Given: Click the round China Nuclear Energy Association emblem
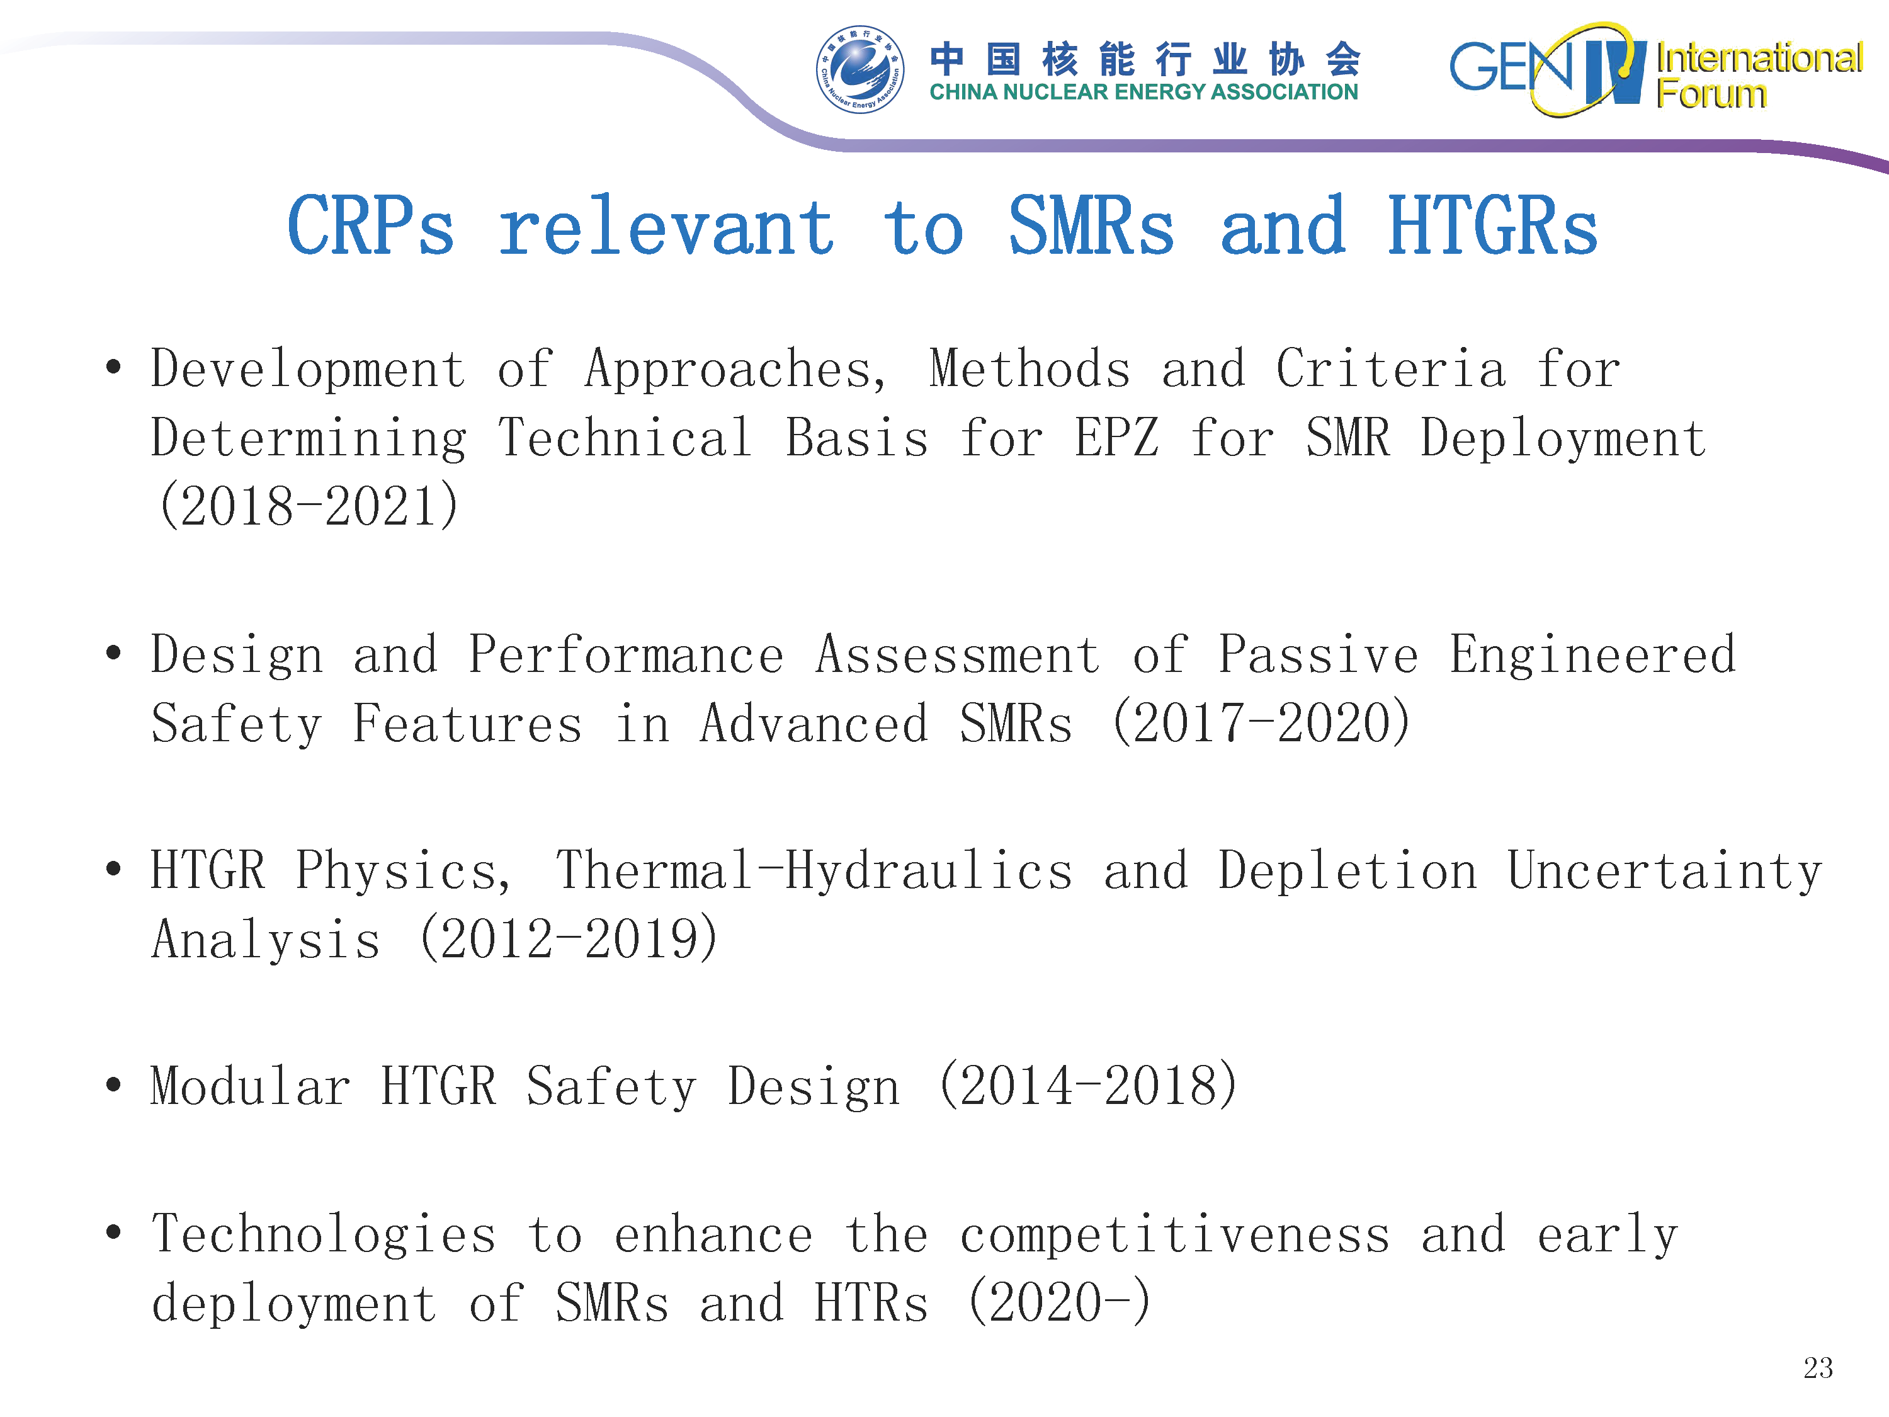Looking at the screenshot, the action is pos(860,69).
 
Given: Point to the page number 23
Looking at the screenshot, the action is pos(1818,1367).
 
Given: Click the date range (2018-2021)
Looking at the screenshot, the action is pos(309,506).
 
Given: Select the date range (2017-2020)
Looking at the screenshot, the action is pos(1261,722).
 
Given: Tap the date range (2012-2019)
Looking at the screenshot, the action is pos(569,939).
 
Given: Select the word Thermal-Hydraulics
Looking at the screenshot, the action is pos(814,871).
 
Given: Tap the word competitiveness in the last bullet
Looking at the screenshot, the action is pos(1175,1235).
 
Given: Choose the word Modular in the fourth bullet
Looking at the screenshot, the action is pos(250,1086).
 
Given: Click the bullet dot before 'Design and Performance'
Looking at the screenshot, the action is pos(113,654).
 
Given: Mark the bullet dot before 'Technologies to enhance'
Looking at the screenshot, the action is pos(113,1232).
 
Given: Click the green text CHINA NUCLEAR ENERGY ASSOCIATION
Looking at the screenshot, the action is pos(1143,92).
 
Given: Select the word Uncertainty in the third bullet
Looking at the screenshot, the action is pos(1664,872).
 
